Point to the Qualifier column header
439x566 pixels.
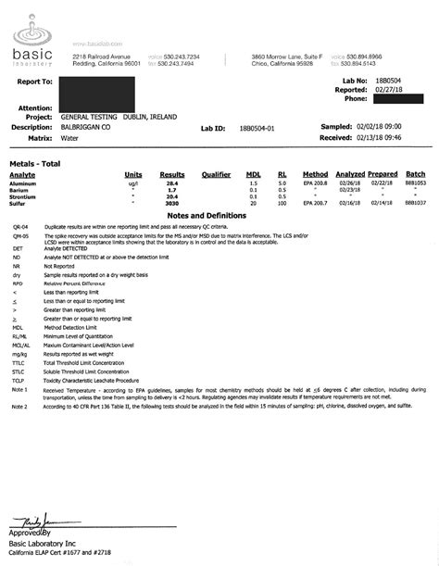pyautogui.click(x=216, y=174)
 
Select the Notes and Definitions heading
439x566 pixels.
pyautogui.click(x=219, y=214)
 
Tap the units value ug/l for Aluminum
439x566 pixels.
pyautogui.click(x=133, y=184)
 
